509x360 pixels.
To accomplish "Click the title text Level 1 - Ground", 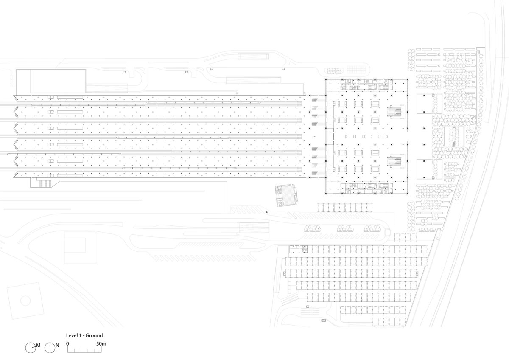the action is click(84, 335).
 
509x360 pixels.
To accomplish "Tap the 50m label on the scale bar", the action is click(101, 343).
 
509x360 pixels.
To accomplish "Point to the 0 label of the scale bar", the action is click(67, 343).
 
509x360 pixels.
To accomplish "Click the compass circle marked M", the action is click(31, 348).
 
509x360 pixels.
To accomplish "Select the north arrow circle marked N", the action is click(50, 348).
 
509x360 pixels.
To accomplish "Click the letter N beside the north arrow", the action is click(57, 346).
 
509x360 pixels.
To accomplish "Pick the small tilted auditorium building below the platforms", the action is click(286, 195).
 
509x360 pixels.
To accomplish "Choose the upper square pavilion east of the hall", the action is click(425, 104).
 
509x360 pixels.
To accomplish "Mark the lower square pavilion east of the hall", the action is click(425, 169).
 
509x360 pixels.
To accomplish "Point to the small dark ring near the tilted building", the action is click(267, 212).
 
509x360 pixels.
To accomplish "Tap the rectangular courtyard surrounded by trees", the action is click(454, 136).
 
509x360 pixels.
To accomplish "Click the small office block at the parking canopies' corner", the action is click(298, 249).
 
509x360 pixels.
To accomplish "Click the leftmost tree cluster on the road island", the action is click(313, 228).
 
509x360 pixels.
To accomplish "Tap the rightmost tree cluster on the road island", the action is click(372, 228).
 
